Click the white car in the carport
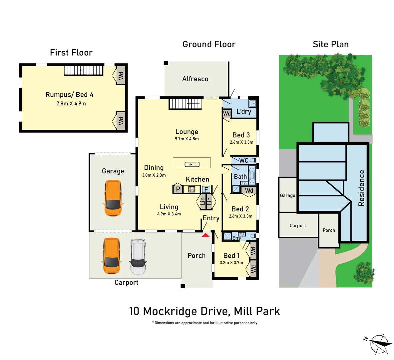[138, 256]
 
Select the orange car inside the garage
[113, 198]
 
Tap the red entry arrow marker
[206, 235]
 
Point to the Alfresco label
[195, 79]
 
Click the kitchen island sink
[192, 164]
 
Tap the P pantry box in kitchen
[178, 189]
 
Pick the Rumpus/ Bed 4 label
[69, 95]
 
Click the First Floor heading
[71, 53]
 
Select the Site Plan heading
[330, 44]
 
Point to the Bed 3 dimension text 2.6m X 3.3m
[241, 142]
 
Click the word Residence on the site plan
[361, 188]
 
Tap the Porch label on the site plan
[329, 230]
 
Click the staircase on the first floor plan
[83, 70]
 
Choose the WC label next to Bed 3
[243, 160]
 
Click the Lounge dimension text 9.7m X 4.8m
[187, 139]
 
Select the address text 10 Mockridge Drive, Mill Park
[204, 311]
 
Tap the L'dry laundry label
[243, 112]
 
